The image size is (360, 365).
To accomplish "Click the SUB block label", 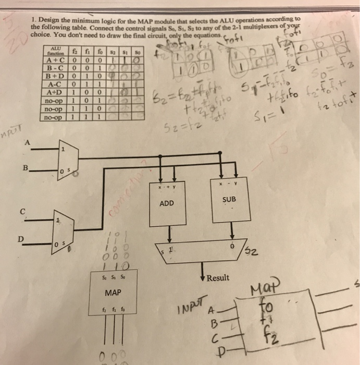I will tap(230, 200).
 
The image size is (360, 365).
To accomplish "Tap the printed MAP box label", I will tap(113, 293).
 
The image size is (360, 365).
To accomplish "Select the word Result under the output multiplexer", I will tap(217, 278).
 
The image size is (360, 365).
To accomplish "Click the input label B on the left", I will tap(25, 168).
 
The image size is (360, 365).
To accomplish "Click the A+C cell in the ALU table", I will tap(56, 59).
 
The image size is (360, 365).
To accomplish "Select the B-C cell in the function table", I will tap(56, 67).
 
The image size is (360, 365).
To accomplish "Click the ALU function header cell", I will tap(55, 51).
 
